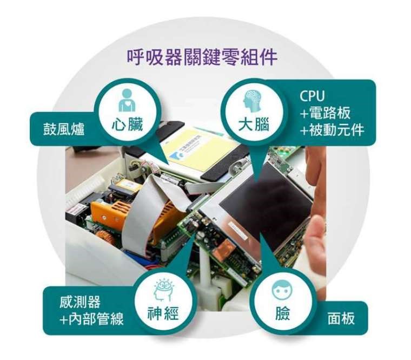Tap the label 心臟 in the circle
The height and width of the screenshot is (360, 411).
[x=128, y=125]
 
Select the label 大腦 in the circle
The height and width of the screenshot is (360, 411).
[x=254, y=125]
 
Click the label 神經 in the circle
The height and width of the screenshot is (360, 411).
[x=163, y=313]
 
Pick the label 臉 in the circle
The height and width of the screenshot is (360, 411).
[x=282, y=313]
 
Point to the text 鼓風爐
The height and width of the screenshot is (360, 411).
[x=64, y=129]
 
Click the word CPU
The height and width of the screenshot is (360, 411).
[x=312, y=96]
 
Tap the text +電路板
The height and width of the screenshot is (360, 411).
[x=326, y=113]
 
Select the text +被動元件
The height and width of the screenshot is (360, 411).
[x=332, y=129]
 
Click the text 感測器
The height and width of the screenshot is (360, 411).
[x=80, y=302]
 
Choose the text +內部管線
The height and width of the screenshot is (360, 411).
[x=91, y=319]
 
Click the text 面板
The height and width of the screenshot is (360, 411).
[x=341, y=318]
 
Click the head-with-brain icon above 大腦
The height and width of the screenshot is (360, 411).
[x=252, y=102]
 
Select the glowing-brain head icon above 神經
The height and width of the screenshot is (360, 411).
[x=163, y=290]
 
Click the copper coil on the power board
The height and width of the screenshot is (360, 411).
[x=105, y=238]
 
